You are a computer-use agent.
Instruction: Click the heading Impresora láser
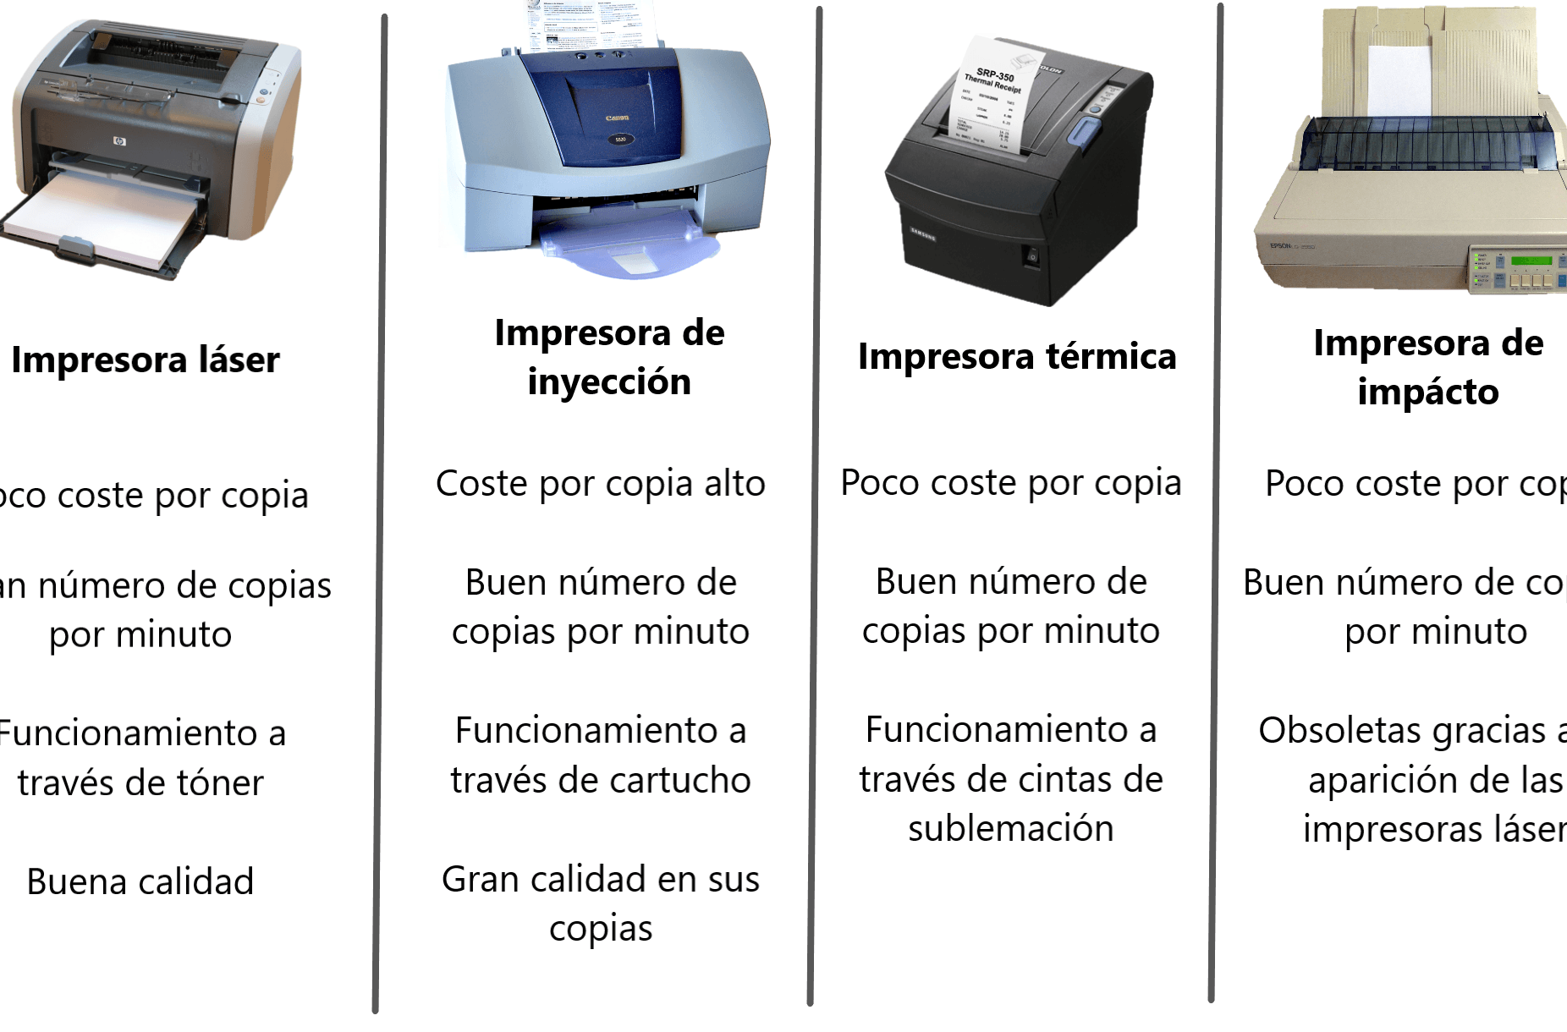146,360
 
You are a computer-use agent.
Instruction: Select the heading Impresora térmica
1017,357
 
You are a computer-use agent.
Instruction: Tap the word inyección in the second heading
609,382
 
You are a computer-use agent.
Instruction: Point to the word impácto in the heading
1428,392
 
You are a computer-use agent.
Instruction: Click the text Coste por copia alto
601,484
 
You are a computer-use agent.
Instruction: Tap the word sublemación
1010,829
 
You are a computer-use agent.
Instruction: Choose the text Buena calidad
140,882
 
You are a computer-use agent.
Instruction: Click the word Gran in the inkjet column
480,880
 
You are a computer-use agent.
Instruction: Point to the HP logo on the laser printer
119,140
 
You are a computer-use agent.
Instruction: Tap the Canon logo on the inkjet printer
617,118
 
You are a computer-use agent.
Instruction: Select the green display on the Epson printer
1531,260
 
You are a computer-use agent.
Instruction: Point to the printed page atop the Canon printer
592,25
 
